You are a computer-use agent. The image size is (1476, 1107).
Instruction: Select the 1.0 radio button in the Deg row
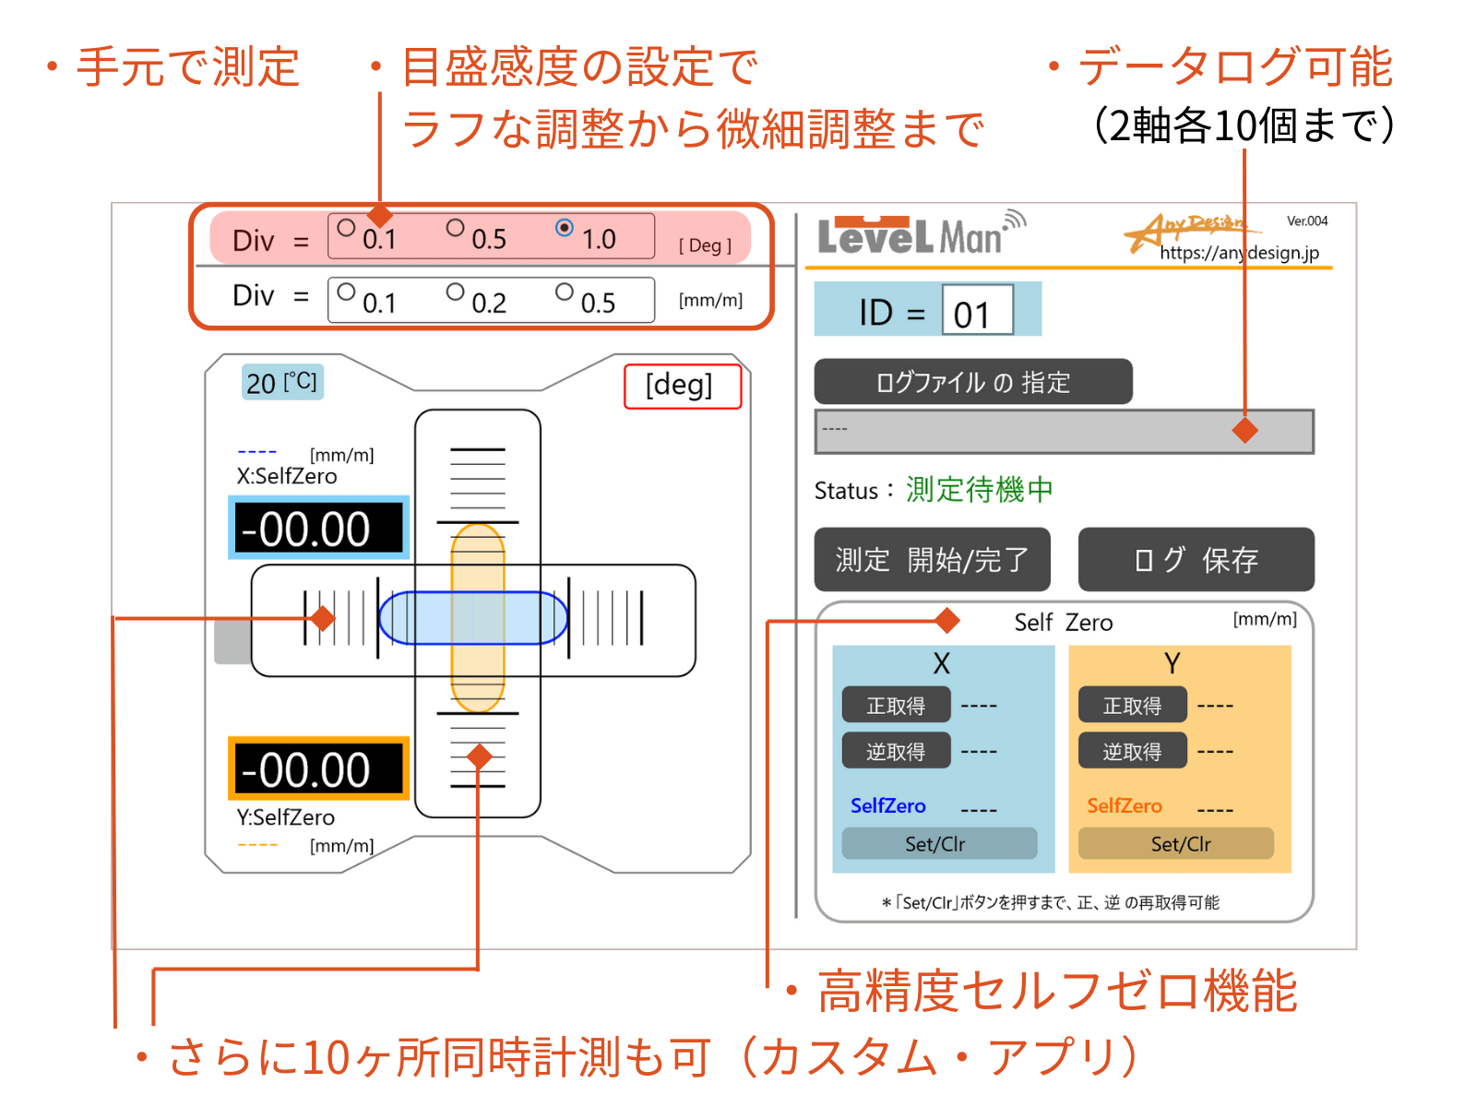pyautogui.click(x=565, y=228)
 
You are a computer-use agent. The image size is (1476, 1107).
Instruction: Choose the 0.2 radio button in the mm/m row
pyautogui.click(x=455, y=292)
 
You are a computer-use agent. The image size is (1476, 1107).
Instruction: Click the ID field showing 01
pyautogui.click(x=977, y=311)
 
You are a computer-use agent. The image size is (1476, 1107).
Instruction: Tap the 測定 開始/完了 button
pyautogui.click(x=932, y=559)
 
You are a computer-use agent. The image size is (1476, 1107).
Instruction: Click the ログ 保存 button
pyautogui.click(x=1196, y=559)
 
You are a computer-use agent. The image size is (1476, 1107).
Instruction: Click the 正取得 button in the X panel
pyautogui.click(x=896, y=706)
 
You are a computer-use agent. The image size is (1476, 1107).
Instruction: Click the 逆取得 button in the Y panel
pyautogui.click(x=1132, y=751)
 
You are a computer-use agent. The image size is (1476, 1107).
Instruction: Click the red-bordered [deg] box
pyautogui.click(x=682, y=386)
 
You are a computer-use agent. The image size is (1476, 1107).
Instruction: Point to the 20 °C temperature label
pyautogui.click(x=281, y=382)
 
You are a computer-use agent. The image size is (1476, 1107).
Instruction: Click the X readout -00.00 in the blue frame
pyautogui.click(x=318, y=529)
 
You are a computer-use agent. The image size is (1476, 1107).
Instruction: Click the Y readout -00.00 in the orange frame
pyautogui.click(x=318, y=768)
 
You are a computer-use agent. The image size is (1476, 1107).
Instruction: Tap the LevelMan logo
pyautogui.click(x=919, y=235)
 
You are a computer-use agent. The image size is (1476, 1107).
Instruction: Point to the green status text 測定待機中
pyautogui.click(x=979, y=490)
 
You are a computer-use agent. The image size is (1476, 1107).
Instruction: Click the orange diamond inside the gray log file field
pyautogui.click(x=1245, y=430)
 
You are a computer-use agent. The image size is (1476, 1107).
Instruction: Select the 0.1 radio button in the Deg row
pyautogui.click(x=346, y=228)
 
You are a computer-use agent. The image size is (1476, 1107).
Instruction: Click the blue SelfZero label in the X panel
pyautogui.click(x=887, y=805)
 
